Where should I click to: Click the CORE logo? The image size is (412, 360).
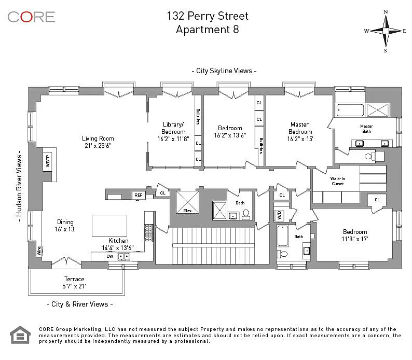[31, 17]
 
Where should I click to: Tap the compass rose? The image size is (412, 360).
[385, 31]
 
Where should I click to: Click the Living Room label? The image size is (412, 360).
[98, 139]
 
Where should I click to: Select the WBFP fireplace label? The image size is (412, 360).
[48, 161]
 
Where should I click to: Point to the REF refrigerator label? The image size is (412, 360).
[139, 195]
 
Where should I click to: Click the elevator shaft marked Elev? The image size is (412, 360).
[188, 202]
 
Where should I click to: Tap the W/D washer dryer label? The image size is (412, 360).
[279, 215]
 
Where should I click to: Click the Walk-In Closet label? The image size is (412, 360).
[338, 181]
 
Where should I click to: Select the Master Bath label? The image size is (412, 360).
[366, 129]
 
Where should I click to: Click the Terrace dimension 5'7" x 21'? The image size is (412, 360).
[74, 286]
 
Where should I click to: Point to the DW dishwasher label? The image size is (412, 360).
[110, 256]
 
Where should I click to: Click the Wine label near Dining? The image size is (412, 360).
[39, 251]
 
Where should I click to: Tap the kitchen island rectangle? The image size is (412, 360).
[109, 226]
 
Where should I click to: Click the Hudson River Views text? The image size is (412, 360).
[19, 186]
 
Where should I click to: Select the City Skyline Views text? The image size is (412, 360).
[224, 71]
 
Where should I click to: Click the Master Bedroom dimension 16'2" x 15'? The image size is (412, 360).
[300, 139]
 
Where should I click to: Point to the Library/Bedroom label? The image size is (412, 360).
[173, 128]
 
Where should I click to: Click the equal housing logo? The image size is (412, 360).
[20, 335]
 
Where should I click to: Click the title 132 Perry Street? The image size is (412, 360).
[208, 16]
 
